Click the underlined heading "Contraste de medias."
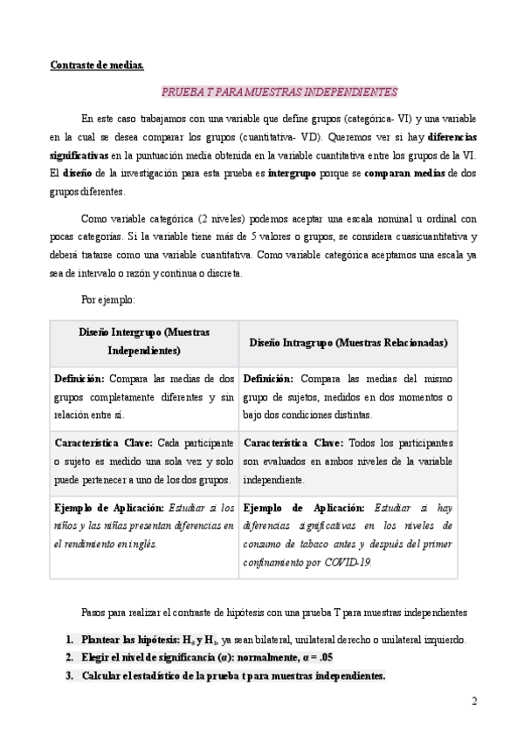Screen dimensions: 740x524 pyautogui.click(x=96, y=64)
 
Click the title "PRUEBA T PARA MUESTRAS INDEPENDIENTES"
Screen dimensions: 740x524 pyautogui.click(x=279, y=91)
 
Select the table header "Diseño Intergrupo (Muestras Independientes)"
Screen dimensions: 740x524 pyautogui.click(x=144, y=341)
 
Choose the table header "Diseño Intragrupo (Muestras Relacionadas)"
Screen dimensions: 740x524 pyautogui.click(x=348, y=343)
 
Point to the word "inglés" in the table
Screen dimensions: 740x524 pyautogui.click(x=141, y=544)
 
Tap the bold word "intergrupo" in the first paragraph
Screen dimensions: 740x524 pyautogui.click(x=293, y=174)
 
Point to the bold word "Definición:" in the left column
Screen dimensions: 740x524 pyautogui.click(x=79, y=379)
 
